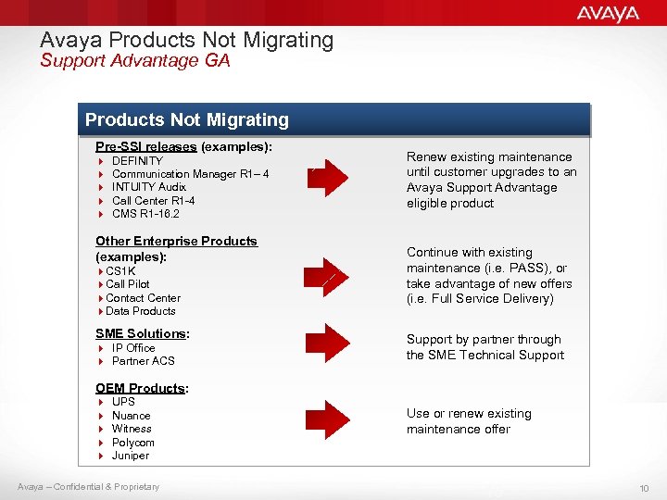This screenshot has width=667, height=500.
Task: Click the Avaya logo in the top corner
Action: pos(608,13)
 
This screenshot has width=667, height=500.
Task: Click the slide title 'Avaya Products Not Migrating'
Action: pos(186,40)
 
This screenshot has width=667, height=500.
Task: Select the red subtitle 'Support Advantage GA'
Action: pos(134,61)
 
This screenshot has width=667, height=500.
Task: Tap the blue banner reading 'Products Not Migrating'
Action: pos(187,120)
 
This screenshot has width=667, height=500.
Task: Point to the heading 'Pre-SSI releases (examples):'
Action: pos(183,146)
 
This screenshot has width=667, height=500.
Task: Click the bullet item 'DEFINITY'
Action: pos(137,161)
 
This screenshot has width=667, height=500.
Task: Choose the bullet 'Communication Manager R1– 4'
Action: pos(190,174)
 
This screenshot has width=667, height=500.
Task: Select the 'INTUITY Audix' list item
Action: pos(149,187)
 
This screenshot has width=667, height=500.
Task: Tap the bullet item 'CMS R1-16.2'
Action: pos(145,214)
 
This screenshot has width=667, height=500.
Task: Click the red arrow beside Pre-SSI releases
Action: pos(328,181)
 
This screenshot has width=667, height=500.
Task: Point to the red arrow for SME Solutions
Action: pos(328,347)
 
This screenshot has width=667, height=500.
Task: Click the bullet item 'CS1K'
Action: pos(121,270)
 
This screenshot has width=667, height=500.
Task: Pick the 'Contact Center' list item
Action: pos(143,298)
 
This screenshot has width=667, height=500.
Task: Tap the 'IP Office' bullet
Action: pos(133,348)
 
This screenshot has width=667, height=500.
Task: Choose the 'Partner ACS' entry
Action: pos(143,361)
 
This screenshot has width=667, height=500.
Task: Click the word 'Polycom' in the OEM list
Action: pos(132,443)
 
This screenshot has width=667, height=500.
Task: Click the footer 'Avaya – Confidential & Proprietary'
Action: pos(88,487)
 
